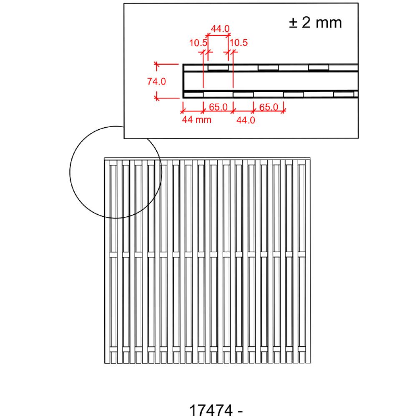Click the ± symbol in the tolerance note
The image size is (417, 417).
click(293, 23)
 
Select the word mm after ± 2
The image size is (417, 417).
click(329, 23)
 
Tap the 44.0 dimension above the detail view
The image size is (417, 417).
click(220, 29)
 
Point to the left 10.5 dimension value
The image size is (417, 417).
click(198, 43)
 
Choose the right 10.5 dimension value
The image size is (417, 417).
click(239, 43)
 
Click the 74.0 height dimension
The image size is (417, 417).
click(156, 81)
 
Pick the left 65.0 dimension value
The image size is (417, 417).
click(218, 107)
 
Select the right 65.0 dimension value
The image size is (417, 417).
click(269, 107)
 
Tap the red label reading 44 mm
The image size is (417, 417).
click(196, 120)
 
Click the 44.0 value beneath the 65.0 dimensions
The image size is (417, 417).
click(246, 120)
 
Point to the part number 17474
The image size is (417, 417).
click(211, 410)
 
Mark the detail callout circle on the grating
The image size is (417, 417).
click(70, 172)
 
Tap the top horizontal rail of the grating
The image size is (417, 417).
click(207, 159)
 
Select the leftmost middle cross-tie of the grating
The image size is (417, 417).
click(113, 254)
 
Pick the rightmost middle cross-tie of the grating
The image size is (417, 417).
click(301, 254)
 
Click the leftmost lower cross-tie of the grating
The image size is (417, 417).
click(113, 349)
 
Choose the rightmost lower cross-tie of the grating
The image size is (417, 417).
click(301, 349)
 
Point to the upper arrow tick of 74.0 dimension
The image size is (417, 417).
click(157, 64)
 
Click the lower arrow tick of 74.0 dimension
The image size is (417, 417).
click(157, 98)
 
